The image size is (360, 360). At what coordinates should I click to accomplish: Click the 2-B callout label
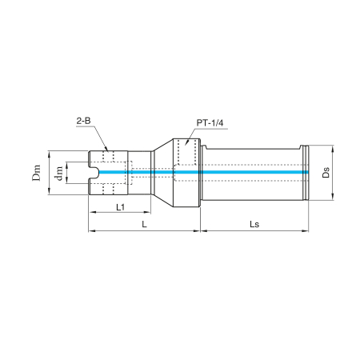tap(83, 121)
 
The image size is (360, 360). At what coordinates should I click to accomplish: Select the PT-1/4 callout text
tap(210, 123)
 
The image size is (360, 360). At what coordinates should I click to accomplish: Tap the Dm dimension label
tap(37, 173)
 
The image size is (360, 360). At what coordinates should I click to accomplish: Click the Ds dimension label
tap(326, 172)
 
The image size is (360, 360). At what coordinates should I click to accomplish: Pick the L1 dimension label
tap(121, 206)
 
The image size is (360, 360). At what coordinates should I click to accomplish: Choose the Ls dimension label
tap(254, 224)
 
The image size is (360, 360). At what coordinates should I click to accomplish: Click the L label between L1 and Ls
tap(144, 224)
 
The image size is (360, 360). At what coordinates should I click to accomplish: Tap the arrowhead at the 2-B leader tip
tap(106, 150)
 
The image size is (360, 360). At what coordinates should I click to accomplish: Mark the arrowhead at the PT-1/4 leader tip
tap(186, 143)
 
